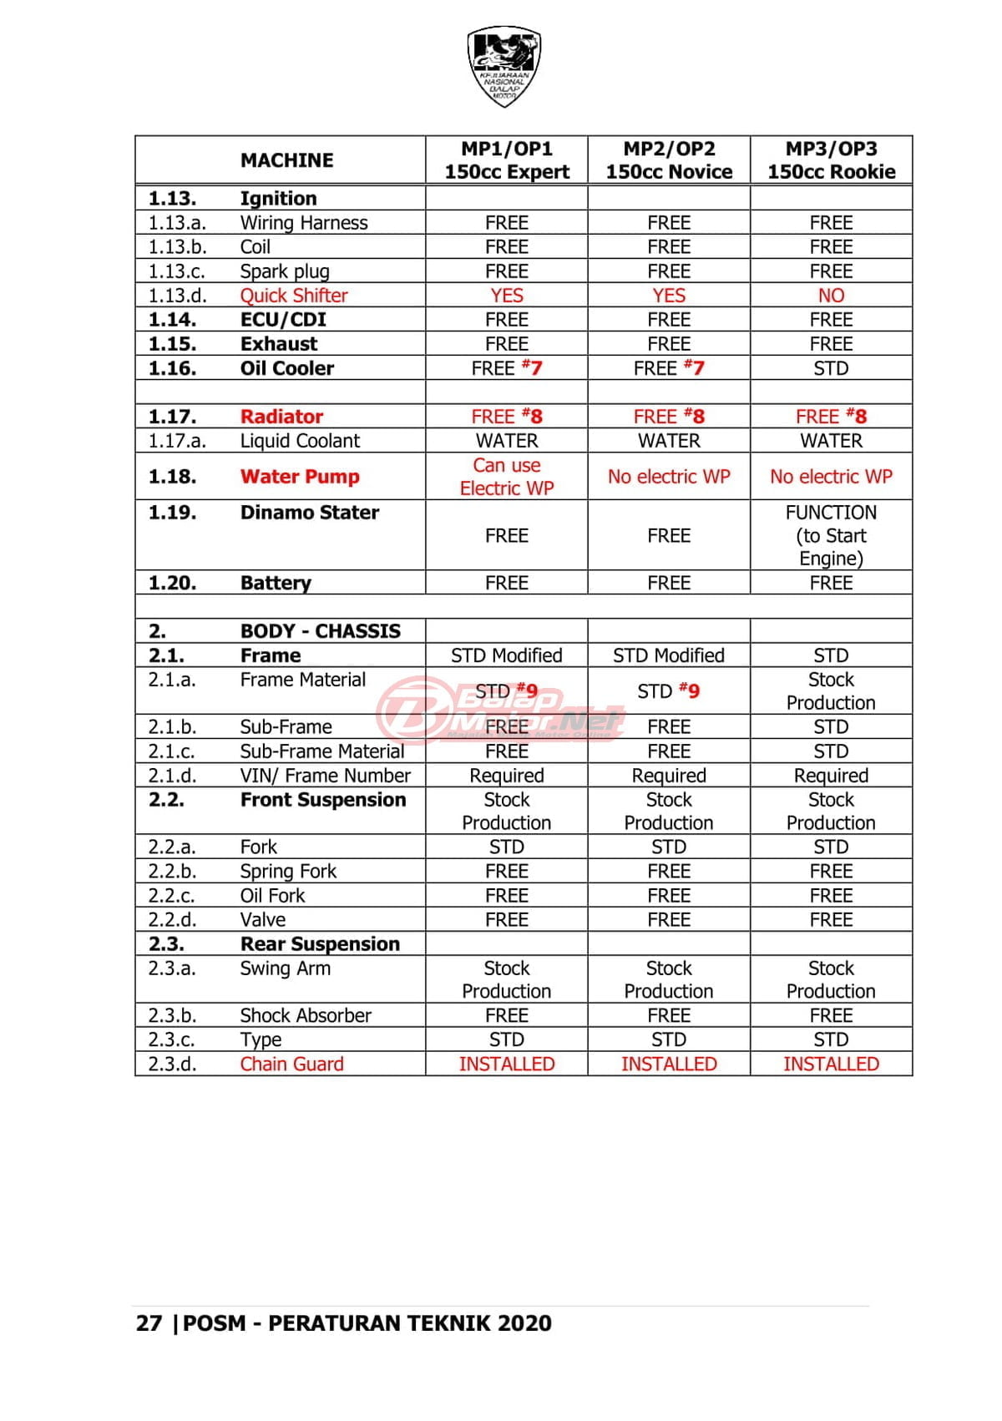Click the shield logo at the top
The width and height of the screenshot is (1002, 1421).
click(x=504, y=66)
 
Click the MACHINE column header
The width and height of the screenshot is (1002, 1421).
click(x=286, y=159)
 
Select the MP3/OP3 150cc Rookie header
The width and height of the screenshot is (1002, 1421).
click(x=831, y=159)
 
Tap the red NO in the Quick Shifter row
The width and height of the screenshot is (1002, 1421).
click(x=831, y=296)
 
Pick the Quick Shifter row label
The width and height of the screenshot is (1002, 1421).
click(x=293, y=296)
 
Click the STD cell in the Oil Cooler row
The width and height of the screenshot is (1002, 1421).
click(x=831, y=368)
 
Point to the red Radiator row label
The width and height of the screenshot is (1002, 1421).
click(x=281, y=417)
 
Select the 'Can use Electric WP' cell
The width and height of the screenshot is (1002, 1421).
click(x=507, y=477)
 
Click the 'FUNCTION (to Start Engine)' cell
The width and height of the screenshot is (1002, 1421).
click(x=831, y=535)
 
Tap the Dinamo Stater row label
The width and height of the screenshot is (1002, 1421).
click(x=309, y=513)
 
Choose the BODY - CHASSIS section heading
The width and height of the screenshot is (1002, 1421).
click(x=320, y=631)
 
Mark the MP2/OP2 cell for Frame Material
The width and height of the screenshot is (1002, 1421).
click(x=669, y=691)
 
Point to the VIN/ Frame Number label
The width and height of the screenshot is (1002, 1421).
click(x=325, y=776)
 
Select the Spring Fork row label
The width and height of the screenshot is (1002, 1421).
click(x=288, y=872)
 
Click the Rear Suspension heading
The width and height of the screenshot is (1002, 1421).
click(x=320, y=944)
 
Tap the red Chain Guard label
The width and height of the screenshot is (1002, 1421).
click(x=291, y=1064)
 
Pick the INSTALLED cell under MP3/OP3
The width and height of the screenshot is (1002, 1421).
click(x=831, y=1064)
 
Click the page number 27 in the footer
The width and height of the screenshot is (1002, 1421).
click(x=149, y=1323)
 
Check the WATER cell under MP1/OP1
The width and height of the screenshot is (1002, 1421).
click(x=507, y=441)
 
